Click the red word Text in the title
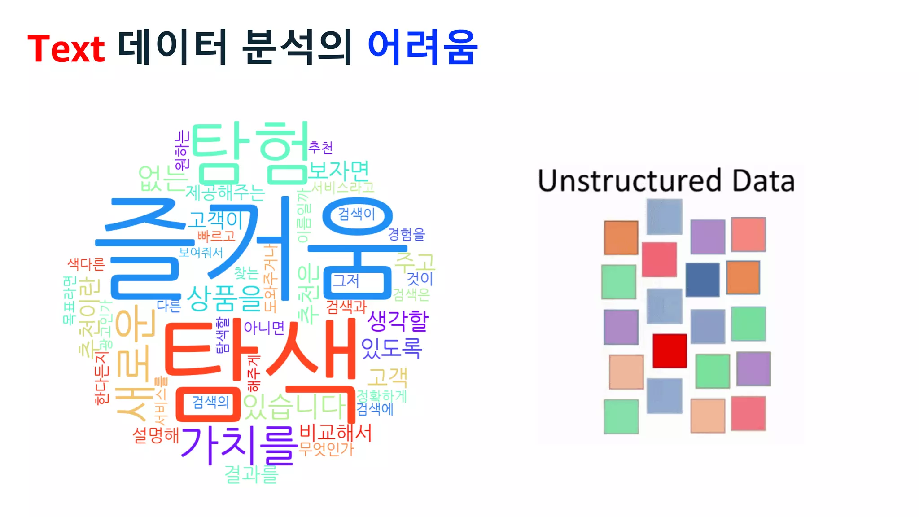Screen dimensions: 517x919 pos(66,48)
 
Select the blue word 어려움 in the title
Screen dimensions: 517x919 pos(422,47)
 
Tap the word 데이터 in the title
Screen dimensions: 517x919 pos(172,47)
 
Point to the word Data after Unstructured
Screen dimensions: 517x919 pos(763,180)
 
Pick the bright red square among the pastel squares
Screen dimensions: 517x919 pos(670,351)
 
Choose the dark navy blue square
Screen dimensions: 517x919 pos(702,280)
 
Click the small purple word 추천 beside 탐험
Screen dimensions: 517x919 pos(320,147)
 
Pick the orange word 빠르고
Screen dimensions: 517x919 pos(216,235)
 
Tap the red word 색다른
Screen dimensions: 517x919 pos(86,263)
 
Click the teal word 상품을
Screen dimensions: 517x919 pos(225,298)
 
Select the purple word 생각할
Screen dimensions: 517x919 pos(398,320)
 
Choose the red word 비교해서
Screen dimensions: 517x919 pos(335,433)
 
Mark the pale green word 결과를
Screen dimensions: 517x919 pos(251,474)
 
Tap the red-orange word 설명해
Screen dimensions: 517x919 pos(156,435)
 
